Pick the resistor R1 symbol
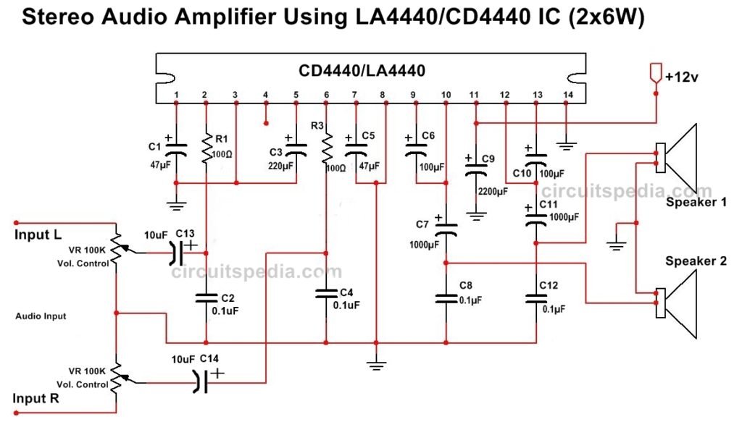(207, 147)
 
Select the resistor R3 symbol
(326, 148)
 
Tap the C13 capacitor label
(185, 233)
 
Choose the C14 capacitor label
(209, 359)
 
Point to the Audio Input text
(41, 316)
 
